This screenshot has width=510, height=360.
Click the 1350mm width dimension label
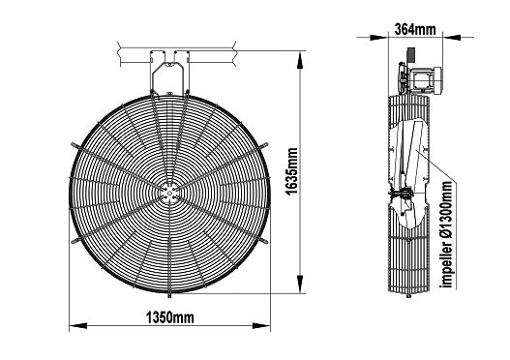point(169,317)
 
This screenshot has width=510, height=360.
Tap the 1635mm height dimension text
point(291,171)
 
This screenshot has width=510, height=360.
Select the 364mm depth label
point(415,29)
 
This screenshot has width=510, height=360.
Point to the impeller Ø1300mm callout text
point(447,234)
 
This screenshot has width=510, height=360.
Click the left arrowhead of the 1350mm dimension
point(78,325)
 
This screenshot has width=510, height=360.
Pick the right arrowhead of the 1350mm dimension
point(261,325)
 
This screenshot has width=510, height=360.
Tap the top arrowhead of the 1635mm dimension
point(300,60)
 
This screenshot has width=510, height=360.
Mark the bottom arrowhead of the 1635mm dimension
point(300,285)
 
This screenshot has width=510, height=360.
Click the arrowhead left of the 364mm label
point(380,37)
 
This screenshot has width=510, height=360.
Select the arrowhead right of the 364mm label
point(452,37)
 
